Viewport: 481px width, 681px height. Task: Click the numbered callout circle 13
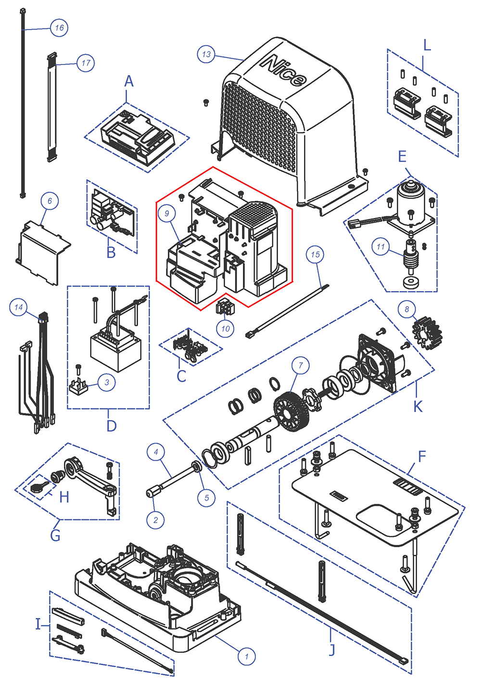click(x=206, y=54)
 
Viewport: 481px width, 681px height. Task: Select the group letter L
click(x=427, y=46)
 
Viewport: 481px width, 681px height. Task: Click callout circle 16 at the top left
click(x=59, y=27)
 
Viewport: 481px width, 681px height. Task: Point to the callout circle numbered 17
click(x=86, y=63)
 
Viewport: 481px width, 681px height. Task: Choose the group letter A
click(x=128, y=82)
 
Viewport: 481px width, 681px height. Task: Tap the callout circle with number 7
click(x=301, y=365)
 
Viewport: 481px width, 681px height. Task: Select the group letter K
click(x=418, y=407)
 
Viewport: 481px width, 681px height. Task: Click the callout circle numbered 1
click(x=247, y=656)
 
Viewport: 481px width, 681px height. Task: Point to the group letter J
click(x=331, y=650)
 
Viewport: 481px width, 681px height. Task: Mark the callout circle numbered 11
click(x=381, y=247)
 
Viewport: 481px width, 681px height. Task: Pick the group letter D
click(x=111, y=426)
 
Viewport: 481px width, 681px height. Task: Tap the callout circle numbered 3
click(x=107, y=383)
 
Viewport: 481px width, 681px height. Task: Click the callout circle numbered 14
click(x=18, y=307)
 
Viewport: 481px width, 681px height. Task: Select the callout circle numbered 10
click(x=226, y=329)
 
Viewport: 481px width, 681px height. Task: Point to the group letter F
click(x=422, y=456)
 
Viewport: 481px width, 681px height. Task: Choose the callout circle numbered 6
click(x=50, y=201)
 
